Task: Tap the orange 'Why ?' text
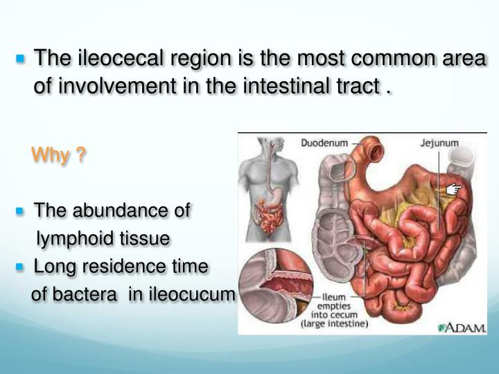59,156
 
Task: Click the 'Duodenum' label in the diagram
324,143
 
